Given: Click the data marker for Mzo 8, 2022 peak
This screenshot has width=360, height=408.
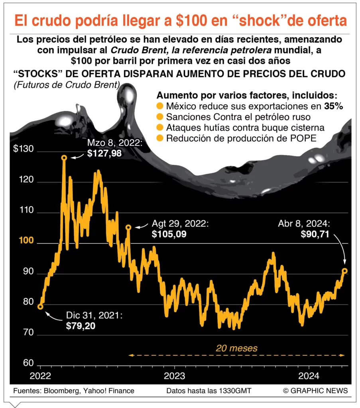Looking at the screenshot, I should click(64, 158).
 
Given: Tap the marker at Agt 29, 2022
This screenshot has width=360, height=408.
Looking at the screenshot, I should click(128, 227).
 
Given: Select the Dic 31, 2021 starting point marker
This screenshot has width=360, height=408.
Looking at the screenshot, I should click(40, 306).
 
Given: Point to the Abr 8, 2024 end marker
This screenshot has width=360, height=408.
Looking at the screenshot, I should click(345, 271).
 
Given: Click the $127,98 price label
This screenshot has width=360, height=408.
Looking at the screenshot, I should click(104, 153).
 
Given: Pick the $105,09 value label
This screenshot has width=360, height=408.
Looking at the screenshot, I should click(169, 234).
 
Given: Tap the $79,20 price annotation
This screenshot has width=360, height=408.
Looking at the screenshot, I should click(81, 326).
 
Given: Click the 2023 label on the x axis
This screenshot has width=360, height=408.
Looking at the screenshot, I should click(174, 375).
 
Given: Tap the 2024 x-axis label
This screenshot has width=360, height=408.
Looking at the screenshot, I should click(309, 375).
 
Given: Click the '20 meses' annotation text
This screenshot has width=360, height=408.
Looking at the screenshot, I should click(236, 348).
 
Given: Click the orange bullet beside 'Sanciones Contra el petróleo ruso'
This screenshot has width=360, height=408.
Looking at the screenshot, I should click(160, 117).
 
